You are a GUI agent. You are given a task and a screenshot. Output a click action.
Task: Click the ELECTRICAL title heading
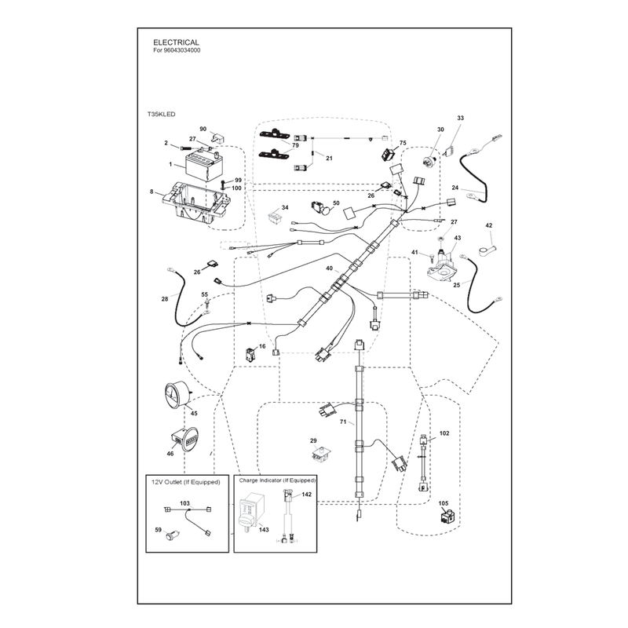pyautogui.click(x=176, y=42)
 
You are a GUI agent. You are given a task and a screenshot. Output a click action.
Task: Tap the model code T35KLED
pyautogui.click(x=162, y=114)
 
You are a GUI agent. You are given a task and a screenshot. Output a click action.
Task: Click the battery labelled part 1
pyautogui.click(x=204, y=166)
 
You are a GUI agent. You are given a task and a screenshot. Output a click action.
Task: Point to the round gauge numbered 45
pyautogui.click(x=178, y=395)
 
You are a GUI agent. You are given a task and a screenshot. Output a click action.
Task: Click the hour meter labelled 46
pyautogui.click(x=185, y=439)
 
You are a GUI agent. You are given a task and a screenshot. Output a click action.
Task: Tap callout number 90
pyautogui.click(x=203, y=129)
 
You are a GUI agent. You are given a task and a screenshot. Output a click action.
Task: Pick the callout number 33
pyautogui.click(x=461, y=119)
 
